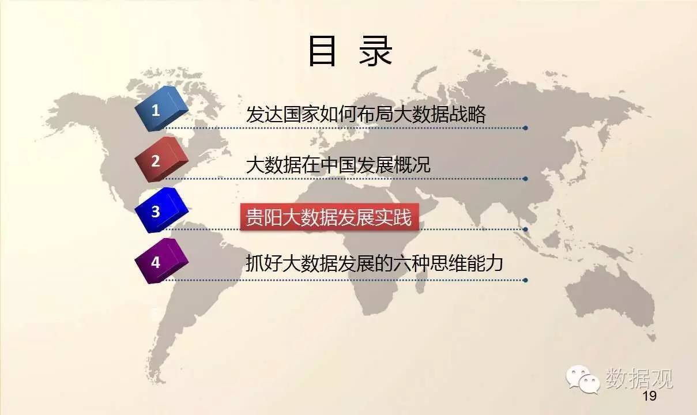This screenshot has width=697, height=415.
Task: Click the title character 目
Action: pyautogui.click(x=322, y=51)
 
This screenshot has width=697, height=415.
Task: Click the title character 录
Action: pyautogui.click(x=375, y=51)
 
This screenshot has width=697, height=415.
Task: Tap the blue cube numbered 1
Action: pyautogui.click(x=161, y=108)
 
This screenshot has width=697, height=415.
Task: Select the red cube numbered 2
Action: pyautogui.click(x=161, y=159)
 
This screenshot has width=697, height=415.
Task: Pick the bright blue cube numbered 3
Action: pyautogui.click(x=161, y=210)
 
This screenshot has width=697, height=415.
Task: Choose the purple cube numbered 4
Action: pyautogui.click(x=161, y=261)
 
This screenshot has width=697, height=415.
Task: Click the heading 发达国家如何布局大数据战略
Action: pyautogui.click(x=366, y=114)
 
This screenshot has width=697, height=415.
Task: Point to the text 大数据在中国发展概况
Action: pyautogui.click(x=338, y=165)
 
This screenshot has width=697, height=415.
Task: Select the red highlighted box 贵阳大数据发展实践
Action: pyautogui.click(x=330, y=217)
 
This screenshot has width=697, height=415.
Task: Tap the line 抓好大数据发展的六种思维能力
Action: pyautogui.click(x=374, y=263)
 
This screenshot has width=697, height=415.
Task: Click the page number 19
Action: pyautogui.click(x=650, y=396)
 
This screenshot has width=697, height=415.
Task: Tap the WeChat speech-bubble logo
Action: pyautogui.click(x=582, y=379)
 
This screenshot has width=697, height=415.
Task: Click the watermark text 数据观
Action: pyautogui.click(x=639, y=378)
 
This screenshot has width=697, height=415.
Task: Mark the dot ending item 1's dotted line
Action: pyautogui.click(x=525, y=128)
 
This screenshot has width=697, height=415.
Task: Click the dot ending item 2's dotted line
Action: pyautogui.click(x=525, y=179)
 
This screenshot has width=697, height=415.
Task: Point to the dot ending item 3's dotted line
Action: pyautogui.click(x=525, y=229)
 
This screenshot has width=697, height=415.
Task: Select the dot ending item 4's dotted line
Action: pyautogui.click(x=525, y=280)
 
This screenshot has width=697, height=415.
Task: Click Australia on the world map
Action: pyautogui.click(x=610, y=299)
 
